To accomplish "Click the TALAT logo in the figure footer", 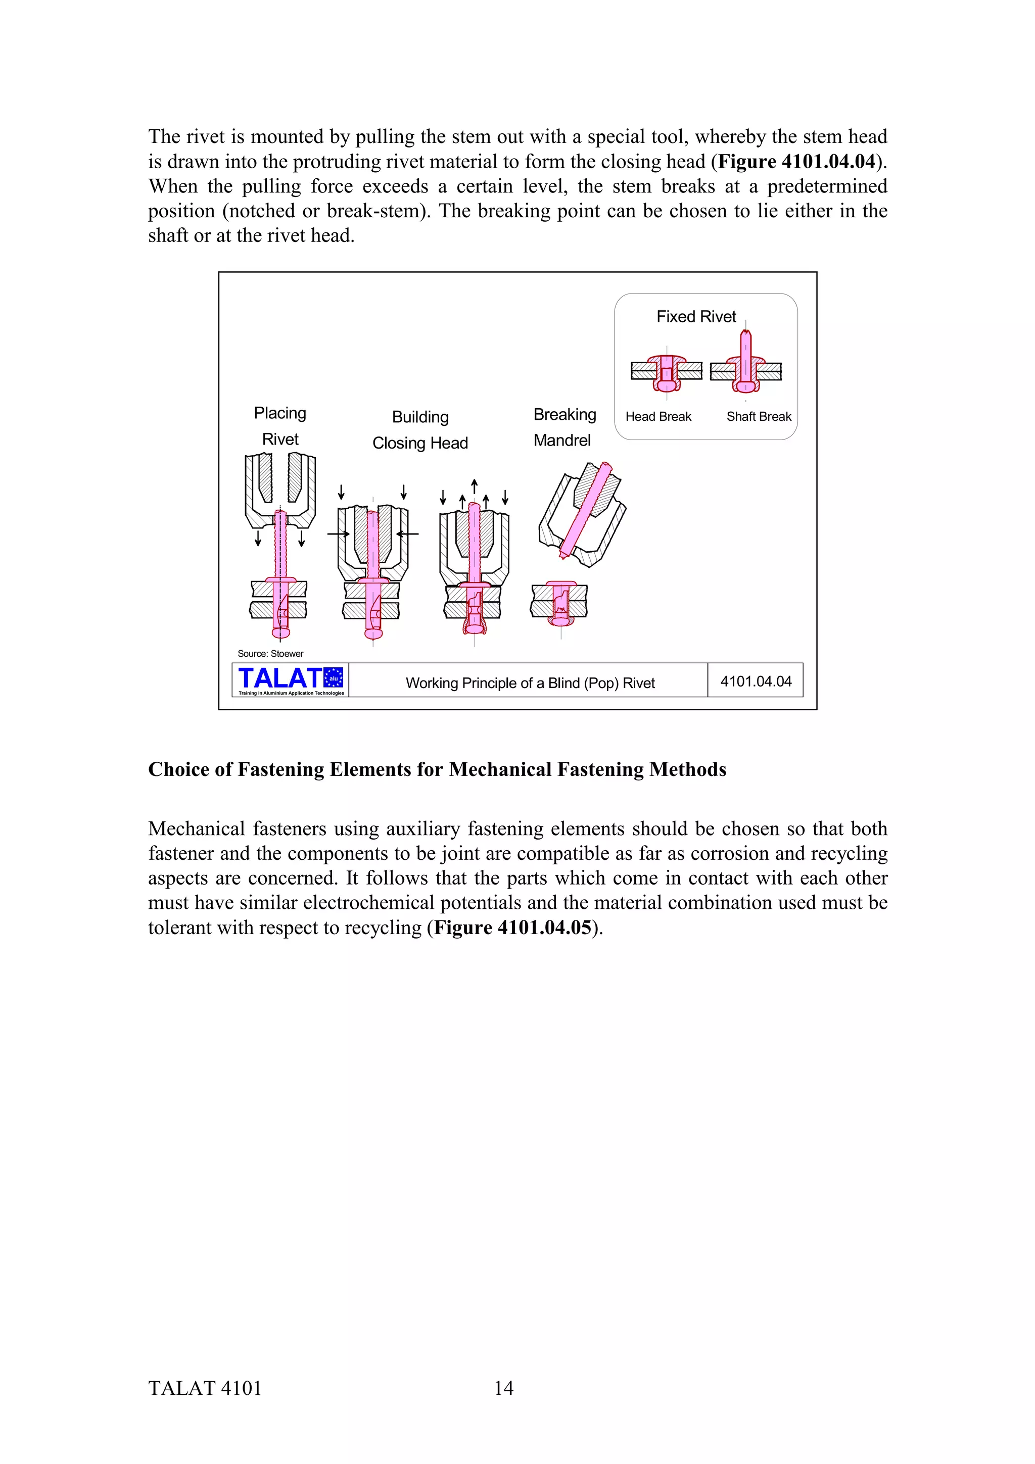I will point(290,680).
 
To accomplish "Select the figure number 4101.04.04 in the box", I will point(755,681).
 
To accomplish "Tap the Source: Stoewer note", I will point(270,654).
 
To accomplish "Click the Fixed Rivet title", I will point(696,317).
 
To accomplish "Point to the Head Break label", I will point(658,416).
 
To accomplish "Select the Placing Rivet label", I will point(280,426).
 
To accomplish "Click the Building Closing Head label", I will point(420,430).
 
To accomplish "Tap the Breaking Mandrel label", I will point(564,427).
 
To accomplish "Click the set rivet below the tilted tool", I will point(559,603).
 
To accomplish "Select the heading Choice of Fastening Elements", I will point(437,769).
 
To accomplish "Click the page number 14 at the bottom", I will point(503,1388).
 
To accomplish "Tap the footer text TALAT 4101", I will point(205,1388).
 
